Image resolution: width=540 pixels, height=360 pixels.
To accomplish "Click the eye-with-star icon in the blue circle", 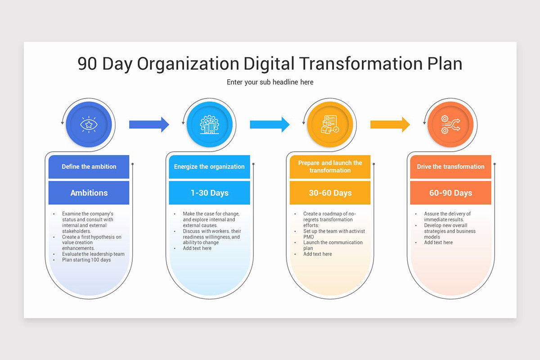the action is (89, 124).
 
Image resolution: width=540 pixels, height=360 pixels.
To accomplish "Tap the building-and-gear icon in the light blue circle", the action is (210, 124).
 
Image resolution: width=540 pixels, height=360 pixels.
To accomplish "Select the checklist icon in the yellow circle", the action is (330, 124).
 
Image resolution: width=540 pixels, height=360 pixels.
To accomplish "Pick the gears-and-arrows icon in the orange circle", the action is (450, 124).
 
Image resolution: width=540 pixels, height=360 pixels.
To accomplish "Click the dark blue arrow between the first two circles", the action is (149, 125).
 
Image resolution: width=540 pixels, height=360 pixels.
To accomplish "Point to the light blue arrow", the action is (270, 125).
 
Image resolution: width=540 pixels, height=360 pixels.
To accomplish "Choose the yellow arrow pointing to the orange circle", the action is (390, 125).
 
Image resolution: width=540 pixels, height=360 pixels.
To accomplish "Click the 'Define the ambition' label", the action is (89, 166).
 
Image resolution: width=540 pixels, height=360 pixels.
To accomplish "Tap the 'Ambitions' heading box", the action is (89, 193).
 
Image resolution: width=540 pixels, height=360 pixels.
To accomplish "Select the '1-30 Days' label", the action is (210, 193).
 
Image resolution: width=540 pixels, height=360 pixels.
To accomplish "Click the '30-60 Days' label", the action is (330, 193).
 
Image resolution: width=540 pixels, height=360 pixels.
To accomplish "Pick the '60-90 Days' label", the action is (451, 193).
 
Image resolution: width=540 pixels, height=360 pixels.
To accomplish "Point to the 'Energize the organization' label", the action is (209, 166).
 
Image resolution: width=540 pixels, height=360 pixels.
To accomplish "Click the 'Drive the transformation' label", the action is (450, 166).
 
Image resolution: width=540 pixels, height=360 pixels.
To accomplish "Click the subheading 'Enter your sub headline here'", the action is (270, 82).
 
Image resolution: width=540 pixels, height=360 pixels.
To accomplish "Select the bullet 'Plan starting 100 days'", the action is (86, 260).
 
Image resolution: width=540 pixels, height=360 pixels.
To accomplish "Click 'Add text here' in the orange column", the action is (438, 243).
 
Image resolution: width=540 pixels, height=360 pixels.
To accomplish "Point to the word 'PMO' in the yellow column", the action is (309, 237).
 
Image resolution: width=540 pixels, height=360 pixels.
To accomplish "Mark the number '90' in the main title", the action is (87, 64).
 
